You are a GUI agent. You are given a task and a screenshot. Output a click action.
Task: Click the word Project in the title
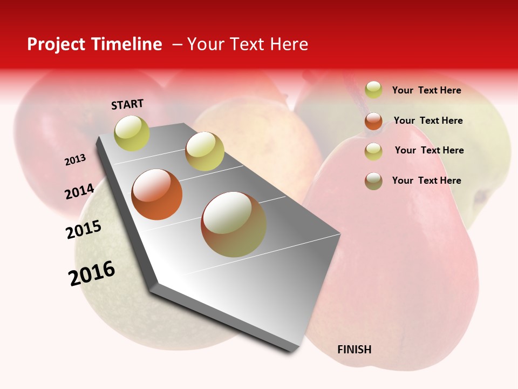pyautogui.click(x=56, y=44)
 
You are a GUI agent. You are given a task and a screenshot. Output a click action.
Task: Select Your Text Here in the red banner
pyautogui.click(x=248, y=44)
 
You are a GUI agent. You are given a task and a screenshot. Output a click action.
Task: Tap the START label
pyautogui.click(x=127, y=104)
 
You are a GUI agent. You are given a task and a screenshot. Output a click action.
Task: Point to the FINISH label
pyautogui.click(x=355, y=350)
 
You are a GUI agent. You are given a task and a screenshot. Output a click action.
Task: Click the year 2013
pyautogui.click(x=76, y=160)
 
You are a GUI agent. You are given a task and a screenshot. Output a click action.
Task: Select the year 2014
pyautogui.click(x=80, y=191)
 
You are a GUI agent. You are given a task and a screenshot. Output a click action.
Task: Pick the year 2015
pyautogui.click(x=84, y=230)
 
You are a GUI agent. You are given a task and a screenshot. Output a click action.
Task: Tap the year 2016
pyautogui.click(x=92, y=273)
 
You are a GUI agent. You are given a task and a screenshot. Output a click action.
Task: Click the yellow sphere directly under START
pyautogui.click(x=132, y=133)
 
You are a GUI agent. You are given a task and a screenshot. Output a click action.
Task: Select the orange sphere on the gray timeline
pyautogui.click(x=157, y=194)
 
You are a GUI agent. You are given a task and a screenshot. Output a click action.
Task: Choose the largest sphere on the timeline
pyautogui.click(x=234, y=224)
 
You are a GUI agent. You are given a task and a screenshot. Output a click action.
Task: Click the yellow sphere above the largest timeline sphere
pyautogui.click(x=205, y=151)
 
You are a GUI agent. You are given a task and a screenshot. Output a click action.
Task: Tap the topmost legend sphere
pyautogui.click(x=373, y=90)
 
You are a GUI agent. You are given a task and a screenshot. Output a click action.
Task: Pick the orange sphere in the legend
pyautogui.click(x=373, y=121)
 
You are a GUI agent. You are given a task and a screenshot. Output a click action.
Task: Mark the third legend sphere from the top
pyautogui.click(x=373, y=151)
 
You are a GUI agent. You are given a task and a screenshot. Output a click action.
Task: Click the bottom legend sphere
pyautogui.click(x=373, y=181)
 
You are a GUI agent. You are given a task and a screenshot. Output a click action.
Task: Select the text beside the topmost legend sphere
pyautogui.click(x=426, y=90)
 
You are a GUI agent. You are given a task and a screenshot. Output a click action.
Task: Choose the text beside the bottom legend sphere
pyautogui.click(x=426, y=180)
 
